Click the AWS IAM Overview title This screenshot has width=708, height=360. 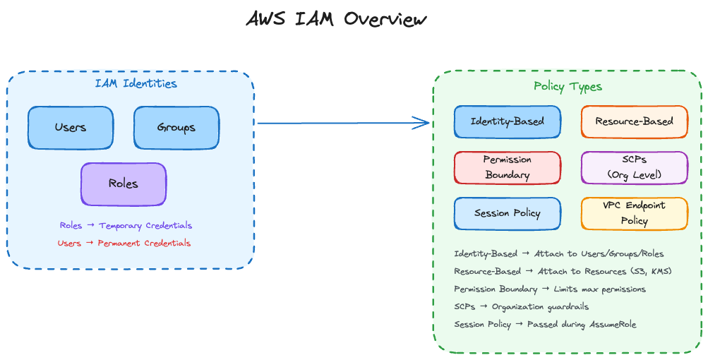337,19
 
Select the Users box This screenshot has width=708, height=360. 71,128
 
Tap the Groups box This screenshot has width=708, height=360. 176,128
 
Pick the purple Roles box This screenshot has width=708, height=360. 124,184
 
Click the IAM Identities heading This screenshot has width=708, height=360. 136,84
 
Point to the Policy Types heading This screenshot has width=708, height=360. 568,87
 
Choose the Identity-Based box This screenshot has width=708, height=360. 508,121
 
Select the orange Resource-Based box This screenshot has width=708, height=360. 634,121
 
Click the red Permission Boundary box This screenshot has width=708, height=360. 508,167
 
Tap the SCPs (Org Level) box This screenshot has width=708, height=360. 634,167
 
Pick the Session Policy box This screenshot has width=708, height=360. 508,213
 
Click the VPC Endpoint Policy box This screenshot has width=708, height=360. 634,213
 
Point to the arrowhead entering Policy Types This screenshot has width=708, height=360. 424,123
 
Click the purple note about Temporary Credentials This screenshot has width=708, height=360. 126,226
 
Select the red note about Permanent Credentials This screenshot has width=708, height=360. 124,244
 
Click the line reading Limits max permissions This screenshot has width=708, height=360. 550,289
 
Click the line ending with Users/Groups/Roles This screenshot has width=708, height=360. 559,253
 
